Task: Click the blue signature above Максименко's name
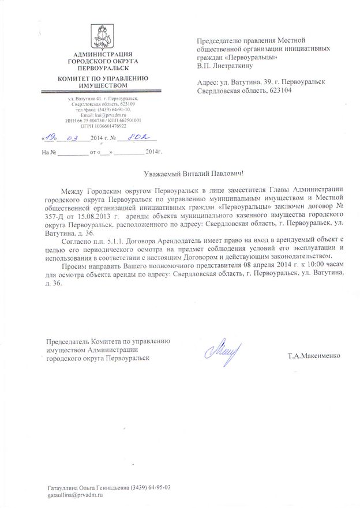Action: (221, 348)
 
